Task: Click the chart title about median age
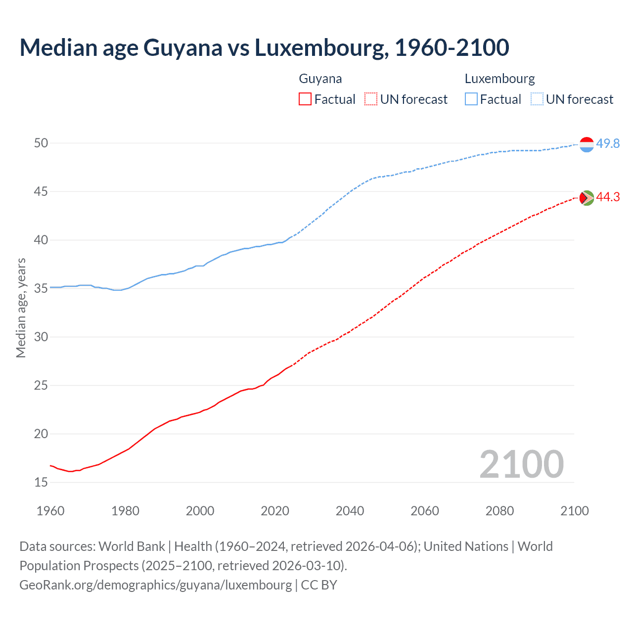click(264, 48)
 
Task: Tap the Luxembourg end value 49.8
click(608, 143)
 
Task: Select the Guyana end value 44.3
click(608, 197)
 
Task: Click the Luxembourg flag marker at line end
click(587, 144)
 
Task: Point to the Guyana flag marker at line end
click(587, 198)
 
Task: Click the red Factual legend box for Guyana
click(305, 99)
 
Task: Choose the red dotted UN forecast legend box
click(371, 99)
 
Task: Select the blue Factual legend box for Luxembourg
click(471, 99)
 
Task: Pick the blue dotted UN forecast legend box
click(537, 99)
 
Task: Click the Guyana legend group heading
click(320, 79)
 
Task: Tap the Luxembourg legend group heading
click(499, 79)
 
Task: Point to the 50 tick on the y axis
click(41, 143)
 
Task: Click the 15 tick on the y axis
click(41, 482)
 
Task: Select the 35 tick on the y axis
click(41, 288)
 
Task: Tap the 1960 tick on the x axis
click(50, 511)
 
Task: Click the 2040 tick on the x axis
click(350, 511)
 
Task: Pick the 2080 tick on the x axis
click(499, 511)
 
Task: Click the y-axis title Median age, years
click(21, 308)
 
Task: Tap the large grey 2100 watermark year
click(521, 464)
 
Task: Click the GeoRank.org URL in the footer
click(155, 585)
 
